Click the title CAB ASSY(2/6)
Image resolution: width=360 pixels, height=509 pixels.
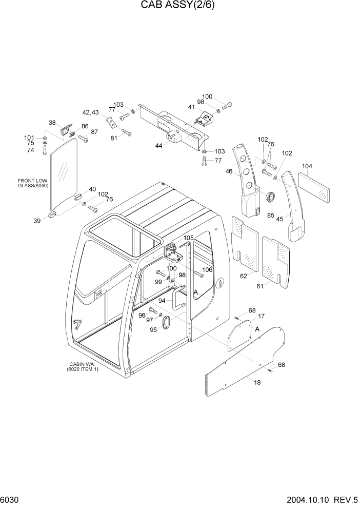pyautogui.click(x=179, y=7)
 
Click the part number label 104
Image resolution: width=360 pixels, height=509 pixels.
pyautogui.click(x=307, y=166)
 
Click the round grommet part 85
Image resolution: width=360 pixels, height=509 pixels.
pyautogui.click(x=271, y=198)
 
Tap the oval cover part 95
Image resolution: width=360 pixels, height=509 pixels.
pyautogui.click(x=167, y=322)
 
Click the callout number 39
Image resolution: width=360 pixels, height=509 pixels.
pyautogui.click(x=37, y=221)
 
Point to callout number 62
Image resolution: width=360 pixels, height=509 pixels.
pyautogui.click(x=244, y=276)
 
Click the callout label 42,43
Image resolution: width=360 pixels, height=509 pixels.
pyautogui.click(x=90, y=112)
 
